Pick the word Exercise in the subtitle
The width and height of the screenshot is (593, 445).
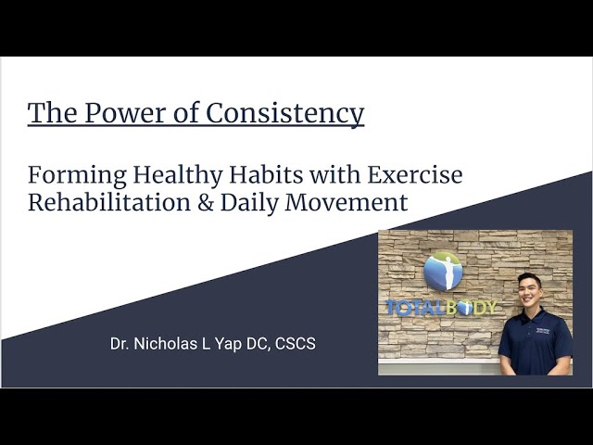tap(414, 173)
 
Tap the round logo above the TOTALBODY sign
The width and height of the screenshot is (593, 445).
tap(442, 270)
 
